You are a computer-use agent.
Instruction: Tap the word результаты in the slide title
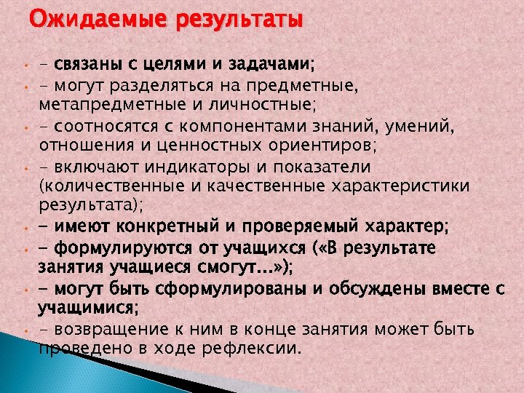(236, 19)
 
